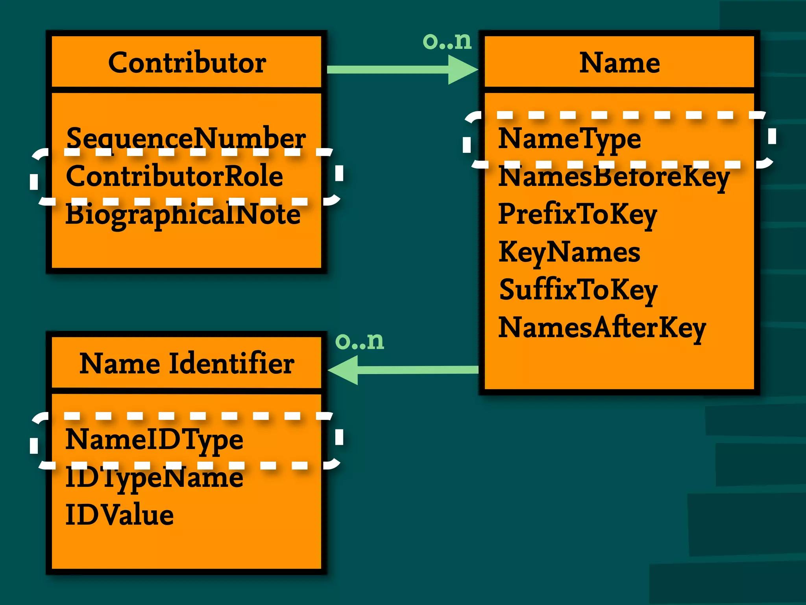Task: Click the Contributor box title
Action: (x=187, y=63)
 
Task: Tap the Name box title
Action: (x=619, y=63)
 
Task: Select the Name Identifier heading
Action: (x=187, y=363)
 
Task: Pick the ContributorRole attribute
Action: (x=174, y=176)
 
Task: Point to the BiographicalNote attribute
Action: (x=183, y=214)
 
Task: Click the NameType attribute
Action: (x=569, y=139)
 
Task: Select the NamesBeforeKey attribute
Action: (x=614, y=177)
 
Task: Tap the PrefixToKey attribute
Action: (x=577, y=214)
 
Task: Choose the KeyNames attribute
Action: (x=569, y=252)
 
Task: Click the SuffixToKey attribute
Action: (x=578, y=290)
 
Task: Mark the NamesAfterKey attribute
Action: (x=602, y=328)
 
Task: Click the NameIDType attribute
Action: (x=154, y=439)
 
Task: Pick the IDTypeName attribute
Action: (x=154, y=477)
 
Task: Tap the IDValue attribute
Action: (x=119, y=515)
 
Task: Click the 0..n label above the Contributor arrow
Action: (x=447, y=41)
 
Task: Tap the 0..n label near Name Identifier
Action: (x=359, y=341)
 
